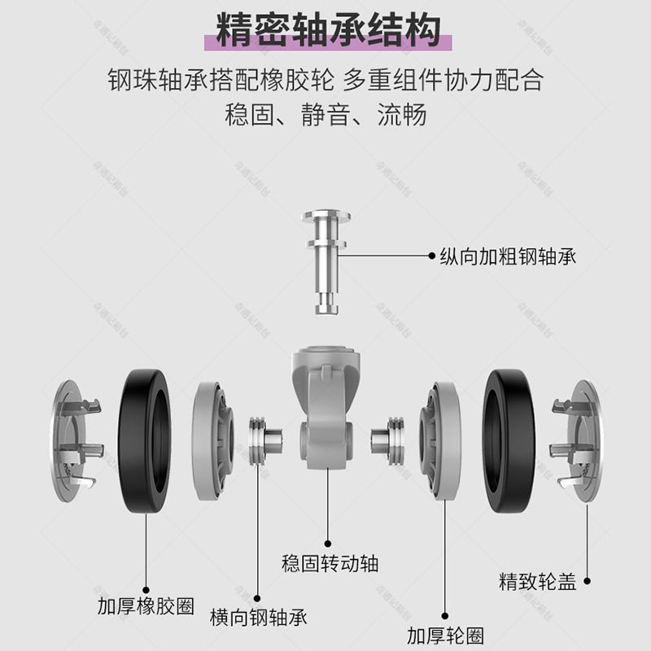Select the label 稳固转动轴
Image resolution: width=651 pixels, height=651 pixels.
click(x=330, y=562)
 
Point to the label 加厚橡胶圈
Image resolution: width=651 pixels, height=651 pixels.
click(x=146, y=606)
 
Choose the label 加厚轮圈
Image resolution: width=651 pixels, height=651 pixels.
click(x=445, y=633)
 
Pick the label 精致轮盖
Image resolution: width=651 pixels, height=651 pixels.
click(x=537, y=582)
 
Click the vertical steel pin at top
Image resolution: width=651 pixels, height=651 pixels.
click(x=325, y=260)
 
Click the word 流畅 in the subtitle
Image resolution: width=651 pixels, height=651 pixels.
click(x=403, y=115)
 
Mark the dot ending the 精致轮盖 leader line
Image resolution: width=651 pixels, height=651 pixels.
click(x=586, y=581)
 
